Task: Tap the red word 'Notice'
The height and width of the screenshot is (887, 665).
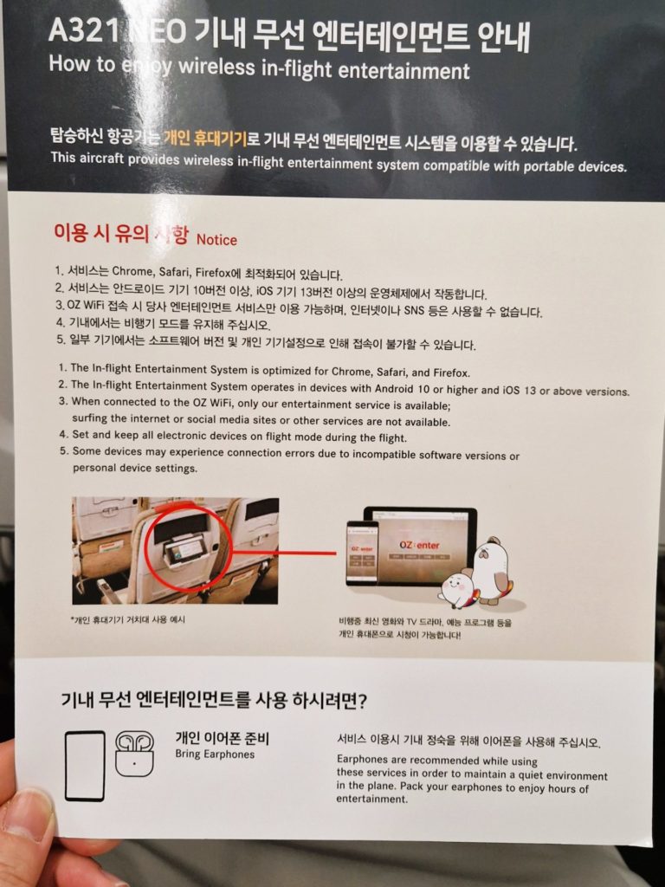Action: (216, 240)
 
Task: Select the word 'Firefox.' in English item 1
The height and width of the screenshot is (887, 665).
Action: (449, 373)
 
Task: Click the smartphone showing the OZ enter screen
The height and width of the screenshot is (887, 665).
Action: (362, 553)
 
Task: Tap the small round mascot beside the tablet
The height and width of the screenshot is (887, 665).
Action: (455, 588)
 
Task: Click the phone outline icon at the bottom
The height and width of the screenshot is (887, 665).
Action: (85, 766)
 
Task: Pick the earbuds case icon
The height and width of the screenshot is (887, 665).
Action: (134, 753)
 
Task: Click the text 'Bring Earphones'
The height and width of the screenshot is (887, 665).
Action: (215, 754)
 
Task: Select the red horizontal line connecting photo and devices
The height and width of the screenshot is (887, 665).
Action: (286, 552)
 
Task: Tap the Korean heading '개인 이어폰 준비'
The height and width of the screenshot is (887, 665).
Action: (223, 738)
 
